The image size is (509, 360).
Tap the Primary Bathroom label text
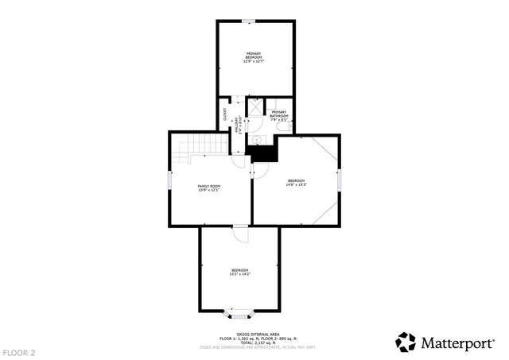point(278,114)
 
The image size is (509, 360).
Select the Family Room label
point(208,188)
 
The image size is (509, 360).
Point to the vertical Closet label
point(225,114)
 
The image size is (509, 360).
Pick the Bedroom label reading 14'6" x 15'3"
point(297,183)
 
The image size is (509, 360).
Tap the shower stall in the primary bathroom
point(254,106)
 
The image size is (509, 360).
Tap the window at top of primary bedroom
point(249,21)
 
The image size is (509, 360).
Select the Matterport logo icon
point(406,342)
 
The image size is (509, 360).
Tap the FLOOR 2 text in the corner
point(18,351)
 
